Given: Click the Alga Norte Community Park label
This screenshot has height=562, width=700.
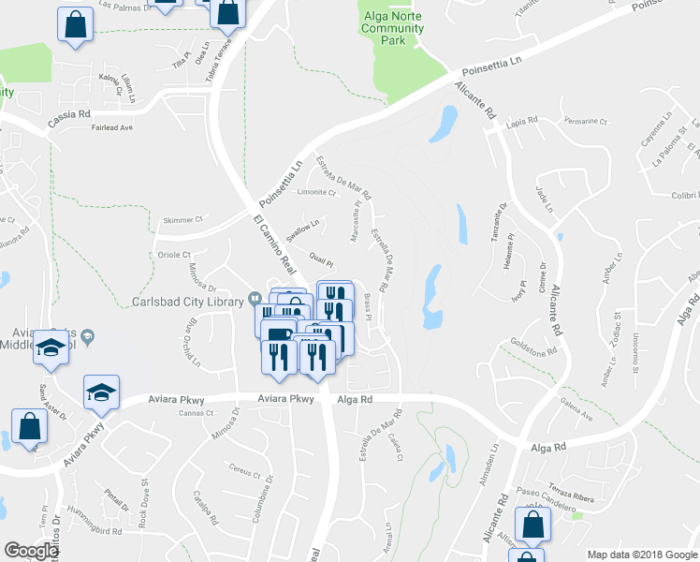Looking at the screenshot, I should click(392, 28).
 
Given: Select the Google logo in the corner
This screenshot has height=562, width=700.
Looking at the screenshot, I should click(32, 550).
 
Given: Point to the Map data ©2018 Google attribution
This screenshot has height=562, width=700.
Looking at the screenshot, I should click(642, 555).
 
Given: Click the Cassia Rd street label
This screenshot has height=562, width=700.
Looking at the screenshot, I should click(70, 114).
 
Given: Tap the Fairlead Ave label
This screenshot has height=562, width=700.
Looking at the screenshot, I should click(114, 127).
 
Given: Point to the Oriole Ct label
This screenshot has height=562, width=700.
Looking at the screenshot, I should click(173, 254).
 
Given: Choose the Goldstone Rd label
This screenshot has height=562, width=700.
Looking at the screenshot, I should click(540, 351).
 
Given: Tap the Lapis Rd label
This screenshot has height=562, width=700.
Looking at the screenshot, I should click(521, 122).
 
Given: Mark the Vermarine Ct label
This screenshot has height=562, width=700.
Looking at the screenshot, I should click(587, 122).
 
